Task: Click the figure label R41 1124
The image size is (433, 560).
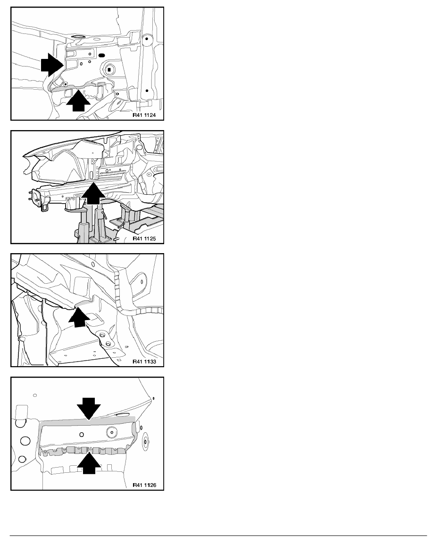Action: click(x=144, y=115)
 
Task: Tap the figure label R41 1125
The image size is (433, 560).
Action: click(x=144, y=239)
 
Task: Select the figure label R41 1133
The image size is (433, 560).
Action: click(x=144, y=362)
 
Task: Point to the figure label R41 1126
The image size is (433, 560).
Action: click(x=144, y=485)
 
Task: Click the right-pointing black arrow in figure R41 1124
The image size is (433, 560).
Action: click(x=52, y=65)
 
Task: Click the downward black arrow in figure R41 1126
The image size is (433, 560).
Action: click(x=89, y=408)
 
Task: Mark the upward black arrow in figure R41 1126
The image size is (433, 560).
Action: click(x=89, y=463)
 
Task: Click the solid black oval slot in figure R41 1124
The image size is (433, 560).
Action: click(x=101, y=56)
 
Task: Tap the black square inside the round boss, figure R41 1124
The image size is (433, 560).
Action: click(x=110, y=69)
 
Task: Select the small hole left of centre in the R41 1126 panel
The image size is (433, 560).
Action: click(x=82, y=435)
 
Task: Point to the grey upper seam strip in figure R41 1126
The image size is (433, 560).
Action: click(x=88, y=421)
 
